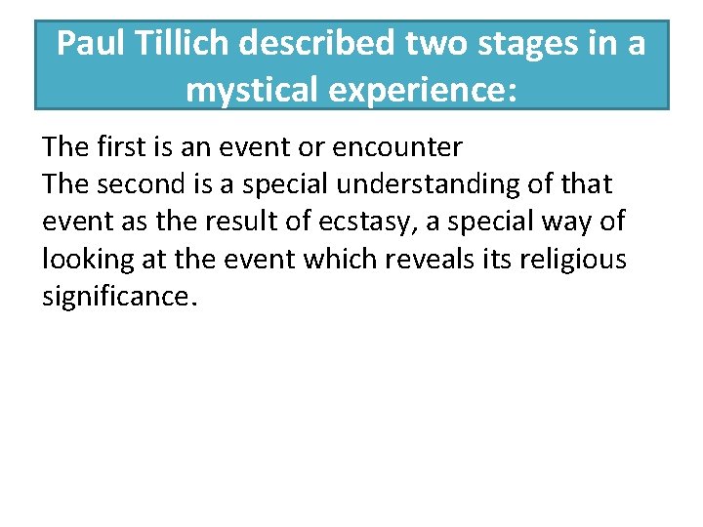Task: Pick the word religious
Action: [585, 260]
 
